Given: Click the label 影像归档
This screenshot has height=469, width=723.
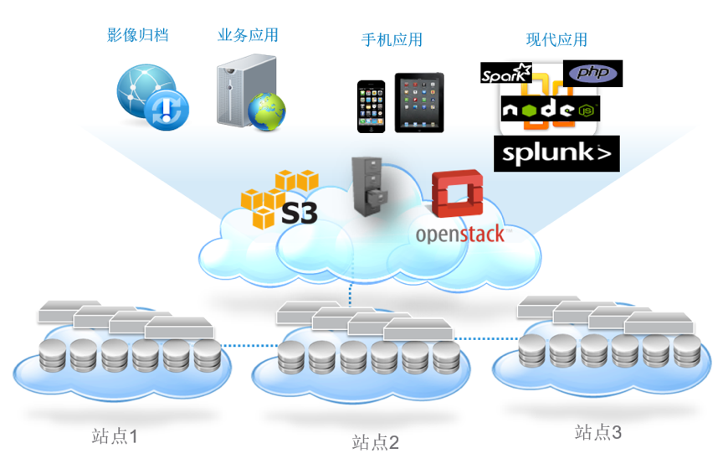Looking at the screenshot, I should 138,35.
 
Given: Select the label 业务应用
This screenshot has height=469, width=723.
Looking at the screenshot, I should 248,35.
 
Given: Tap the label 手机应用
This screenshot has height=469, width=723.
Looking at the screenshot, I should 392,40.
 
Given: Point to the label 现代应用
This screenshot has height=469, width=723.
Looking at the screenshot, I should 556,40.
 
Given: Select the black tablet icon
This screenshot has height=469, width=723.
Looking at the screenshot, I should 419,103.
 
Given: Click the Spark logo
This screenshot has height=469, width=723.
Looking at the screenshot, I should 506,74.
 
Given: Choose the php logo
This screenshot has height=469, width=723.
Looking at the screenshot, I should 593,73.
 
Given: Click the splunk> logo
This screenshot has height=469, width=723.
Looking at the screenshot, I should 556,153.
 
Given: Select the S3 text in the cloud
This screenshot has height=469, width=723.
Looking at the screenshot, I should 300,211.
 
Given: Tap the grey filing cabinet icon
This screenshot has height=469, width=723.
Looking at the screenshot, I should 369,187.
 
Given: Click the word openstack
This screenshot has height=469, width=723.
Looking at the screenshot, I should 460,233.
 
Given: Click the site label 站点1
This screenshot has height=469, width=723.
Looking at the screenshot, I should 115,436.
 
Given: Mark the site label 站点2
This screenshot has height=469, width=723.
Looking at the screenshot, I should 376,442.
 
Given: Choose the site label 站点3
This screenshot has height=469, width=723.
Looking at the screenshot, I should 598,432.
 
